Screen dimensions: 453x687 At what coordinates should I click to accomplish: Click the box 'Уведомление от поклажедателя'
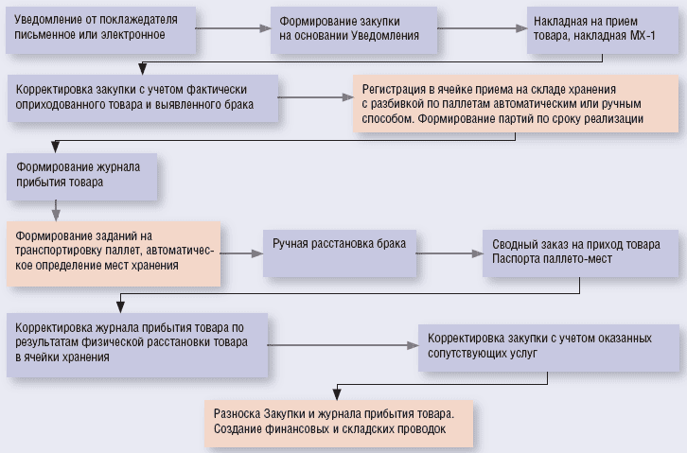99,28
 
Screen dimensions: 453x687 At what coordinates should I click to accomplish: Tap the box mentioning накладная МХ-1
597,28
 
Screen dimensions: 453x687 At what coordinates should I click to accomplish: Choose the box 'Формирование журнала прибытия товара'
81,174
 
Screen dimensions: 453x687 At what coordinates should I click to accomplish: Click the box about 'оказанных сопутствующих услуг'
549,345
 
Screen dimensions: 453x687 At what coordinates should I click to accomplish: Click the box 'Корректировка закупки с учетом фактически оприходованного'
142,97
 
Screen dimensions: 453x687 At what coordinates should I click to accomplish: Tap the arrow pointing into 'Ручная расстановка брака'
242,253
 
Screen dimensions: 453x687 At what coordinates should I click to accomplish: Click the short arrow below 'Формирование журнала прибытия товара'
56,209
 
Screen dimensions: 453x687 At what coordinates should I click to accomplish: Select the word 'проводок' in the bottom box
418,429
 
